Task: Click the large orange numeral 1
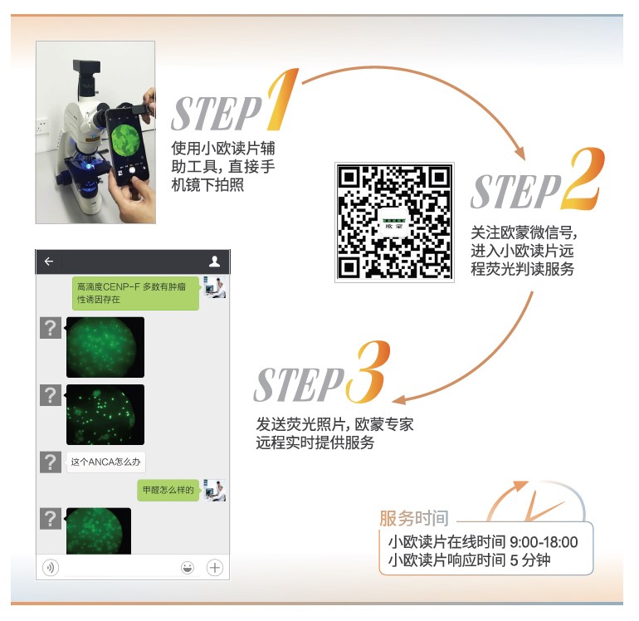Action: tap(283, 100)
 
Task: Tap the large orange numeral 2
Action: tap(583, 178)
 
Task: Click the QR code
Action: tap(394, 222)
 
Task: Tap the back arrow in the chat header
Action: tap(49, 262)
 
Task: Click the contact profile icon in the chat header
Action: tap(214, 262)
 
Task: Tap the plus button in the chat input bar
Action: tap(215, 567)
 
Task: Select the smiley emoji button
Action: tap(188, 567)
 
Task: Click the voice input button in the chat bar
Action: tap(51, 567)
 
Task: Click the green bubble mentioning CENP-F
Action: tap(136, 293)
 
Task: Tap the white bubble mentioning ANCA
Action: tap(105, 462)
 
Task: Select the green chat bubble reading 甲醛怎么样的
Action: tap(168, 490)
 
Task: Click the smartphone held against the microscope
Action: tap(128, 144)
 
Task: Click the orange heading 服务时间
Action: tap(413, 518)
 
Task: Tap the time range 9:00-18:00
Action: tap(544, 542)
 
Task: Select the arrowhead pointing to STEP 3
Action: tap(399, 399)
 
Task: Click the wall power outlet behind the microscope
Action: tap(41, 126)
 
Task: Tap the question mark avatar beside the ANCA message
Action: tap(51, 462)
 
